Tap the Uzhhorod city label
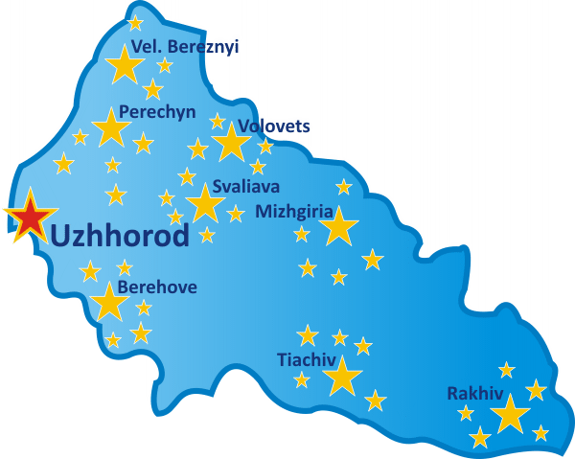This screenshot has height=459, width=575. [x=119, y=235]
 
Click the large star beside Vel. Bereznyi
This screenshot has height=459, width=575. [x=124, y=65]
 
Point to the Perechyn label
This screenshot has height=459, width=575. [x=157, y=112]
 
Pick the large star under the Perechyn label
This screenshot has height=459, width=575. [x=112, y=127]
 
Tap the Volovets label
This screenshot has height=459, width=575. [x=274, y=126]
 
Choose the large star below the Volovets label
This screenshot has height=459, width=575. [x=231, y=143]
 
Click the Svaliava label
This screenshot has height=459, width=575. [x=246, y=187]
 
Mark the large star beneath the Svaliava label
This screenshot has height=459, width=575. [x=204, y=203]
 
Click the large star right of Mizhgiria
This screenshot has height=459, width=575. [x=338, y=228]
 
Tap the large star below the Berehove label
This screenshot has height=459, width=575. [x=110, y=303]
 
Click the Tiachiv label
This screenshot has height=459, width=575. [x=306, y=360]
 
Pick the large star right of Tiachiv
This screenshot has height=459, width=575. [x=342, y=377]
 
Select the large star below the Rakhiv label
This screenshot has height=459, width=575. [x=510, y=414]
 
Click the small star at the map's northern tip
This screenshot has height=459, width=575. [x=135, y=22]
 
